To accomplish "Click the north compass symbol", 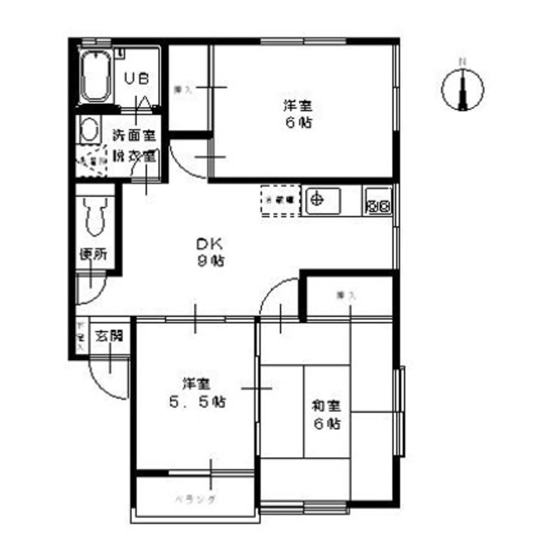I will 462,88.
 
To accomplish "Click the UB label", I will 136,79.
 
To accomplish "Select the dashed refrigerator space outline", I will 281,201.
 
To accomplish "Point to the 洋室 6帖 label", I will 298,114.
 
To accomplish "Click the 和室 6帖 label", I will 327,414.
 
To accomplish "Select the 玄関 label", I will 109,335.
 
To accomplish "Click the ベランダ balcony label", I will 195,499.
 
